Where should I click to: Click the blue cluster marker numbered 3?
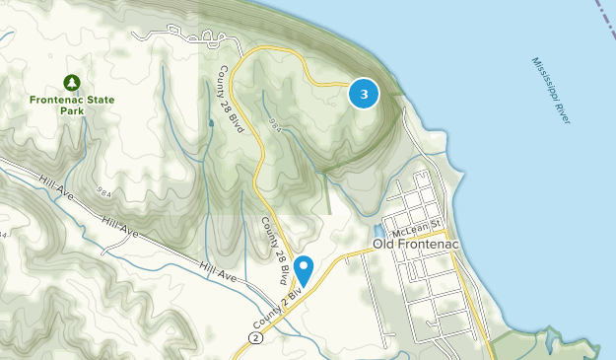point(365,94)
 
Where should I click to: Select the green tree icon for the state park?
point(70,83)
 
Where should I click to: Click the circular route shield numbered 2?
point(256,337)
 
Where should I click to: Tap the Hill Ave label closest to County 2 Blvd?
point(219,271)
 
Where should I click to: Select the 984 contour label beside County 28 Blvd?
point(275,127)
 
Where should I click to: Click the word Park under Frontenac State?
point(70,111)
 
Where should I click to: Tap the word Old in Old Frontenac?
point(382,243)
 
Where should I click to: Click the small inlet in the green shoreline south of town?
point(549,339)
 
